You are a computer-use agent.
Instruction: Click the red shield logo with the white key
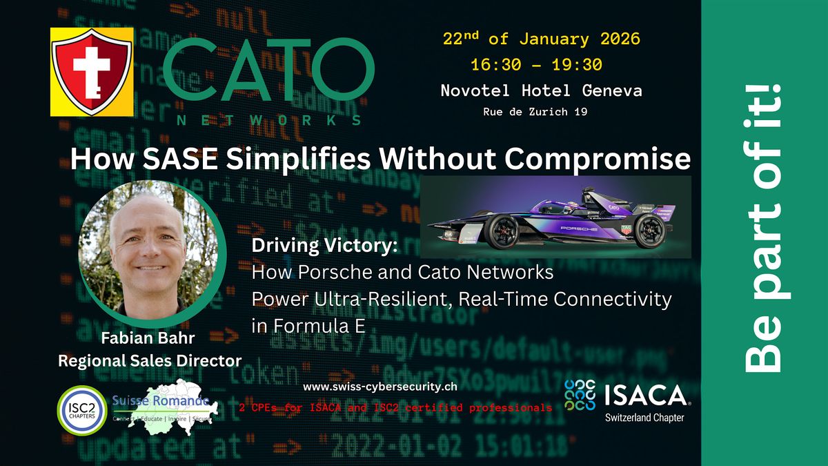pyautogui.click(x=92, y=71)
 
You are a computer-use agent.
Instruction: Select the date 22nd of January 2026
pyautogui.click(x=541, y=39)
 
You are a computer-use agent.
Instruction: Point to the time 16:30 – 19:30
pyautogui.click(x=536, y=65)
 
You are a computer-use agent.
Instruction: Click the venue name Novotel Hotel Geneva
pyautogui.click(x=542, y=90)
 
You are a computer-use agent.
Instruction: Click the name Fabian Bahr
pyautogui.click(x=149, y=340)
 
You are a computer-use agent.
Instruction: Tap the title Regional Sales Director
pyautogui.click(x=149, y=360)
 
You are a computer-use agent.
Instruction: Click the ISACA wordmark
pyautogui.click(x=646, y=396)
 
